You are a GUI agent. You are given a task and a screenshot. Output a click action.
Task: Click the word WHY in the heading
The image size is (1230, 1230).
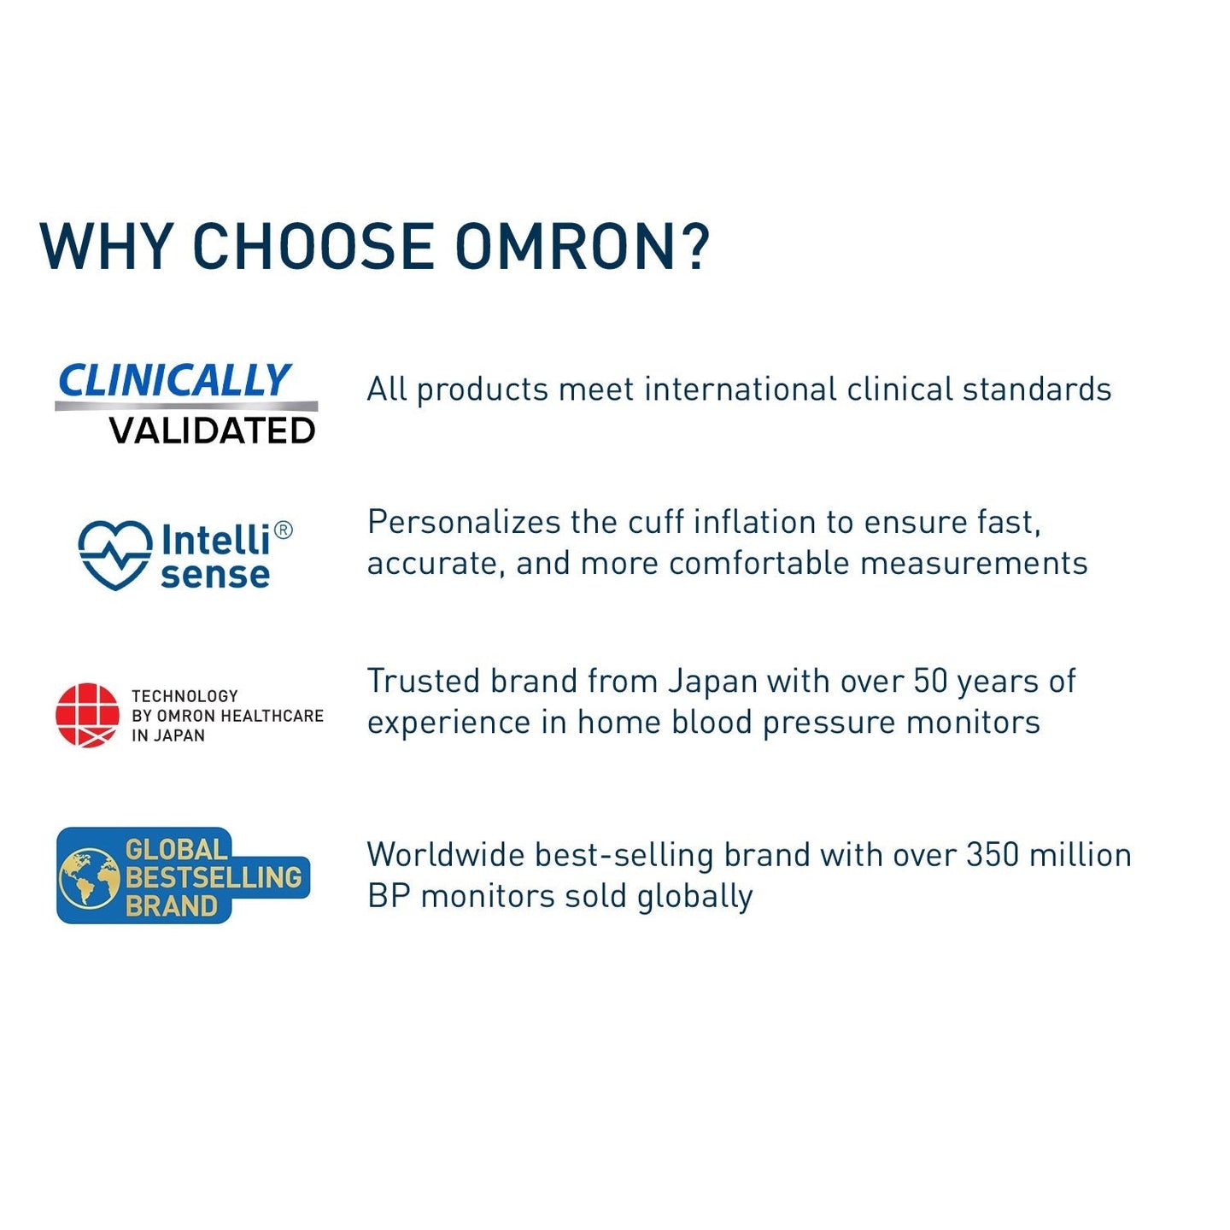106,247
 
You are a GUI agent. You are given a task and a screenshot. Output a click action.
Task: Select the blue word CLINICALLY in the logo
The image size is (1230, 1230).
174,381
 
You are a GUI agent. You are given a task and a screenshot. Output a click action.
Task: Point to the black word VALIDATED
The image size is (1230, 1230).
213,431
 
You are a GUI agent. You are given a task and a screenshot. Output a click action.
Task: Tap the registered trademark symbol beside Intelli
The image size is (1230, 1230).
284,530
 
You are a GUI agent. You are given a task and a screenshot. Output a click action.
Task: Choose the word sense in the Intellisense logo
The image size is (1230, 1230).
215,575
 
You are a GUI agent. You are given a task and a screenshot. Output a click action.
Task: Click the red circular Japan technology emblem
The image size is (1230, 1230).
87,715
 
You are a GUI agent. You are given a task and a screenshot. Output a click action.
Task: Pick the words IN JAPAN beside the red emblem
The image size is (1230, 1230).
168,735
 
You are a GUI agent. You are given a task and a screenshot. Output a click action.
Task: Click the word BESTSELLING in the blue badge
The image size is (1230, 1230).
214,877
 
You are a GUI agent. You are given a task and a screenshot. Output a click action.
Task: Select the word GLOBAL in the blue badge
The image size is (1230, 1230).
176,850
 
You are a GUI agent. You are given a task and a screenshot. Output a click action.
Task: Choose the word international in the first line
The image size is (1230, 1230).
741,389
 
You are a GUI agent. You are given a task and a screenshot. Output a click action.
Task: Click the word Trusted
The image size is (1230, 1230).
424,682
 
